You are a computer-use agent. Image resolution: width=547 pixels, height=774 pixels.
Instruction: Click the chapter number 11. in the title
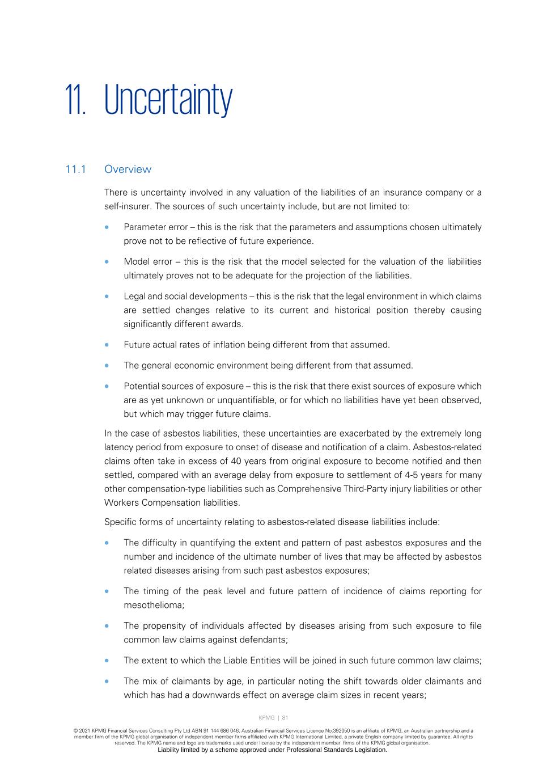click(75, 100)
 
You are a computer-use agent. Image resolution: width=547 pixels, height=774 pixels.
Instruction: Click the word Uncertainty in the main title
click(168, 100)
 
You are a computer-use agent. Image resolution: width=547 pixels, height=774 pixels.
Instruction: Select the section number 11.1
click(75, 169)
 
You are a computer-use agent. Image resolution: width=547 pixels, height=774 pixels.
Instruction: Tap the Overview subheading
click(128, 169)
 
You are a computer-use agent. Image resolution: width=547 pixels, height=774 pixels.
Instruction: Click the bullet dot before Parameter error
click(107, 227)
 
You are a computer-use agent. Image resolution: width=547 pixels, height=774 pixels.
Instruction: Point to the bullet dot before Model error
click(107, 262)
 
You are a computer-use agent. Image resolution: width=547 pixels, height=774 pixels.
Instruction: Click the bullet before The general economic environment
click(107, 366)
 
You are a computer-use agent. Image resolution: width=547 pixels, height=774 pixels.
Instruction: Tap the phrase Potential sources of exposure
click(183, 386)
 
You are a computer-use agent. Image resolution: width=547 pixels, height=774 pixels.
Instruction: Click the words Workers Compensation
click(150, 502)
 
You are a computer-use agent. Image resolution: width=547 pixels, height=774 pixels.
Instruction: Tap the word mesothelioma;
click(154, 605)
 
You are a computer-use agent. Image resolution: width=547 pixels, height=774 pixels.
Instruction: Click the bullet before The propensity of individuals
click(107, 626)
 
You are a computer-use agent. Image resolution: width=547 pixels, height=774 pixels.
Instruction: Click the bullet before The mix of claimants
click(107, 682)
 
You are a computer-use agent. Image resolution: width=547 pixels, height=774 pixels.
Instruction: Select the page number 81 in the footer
click(285, 718)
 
